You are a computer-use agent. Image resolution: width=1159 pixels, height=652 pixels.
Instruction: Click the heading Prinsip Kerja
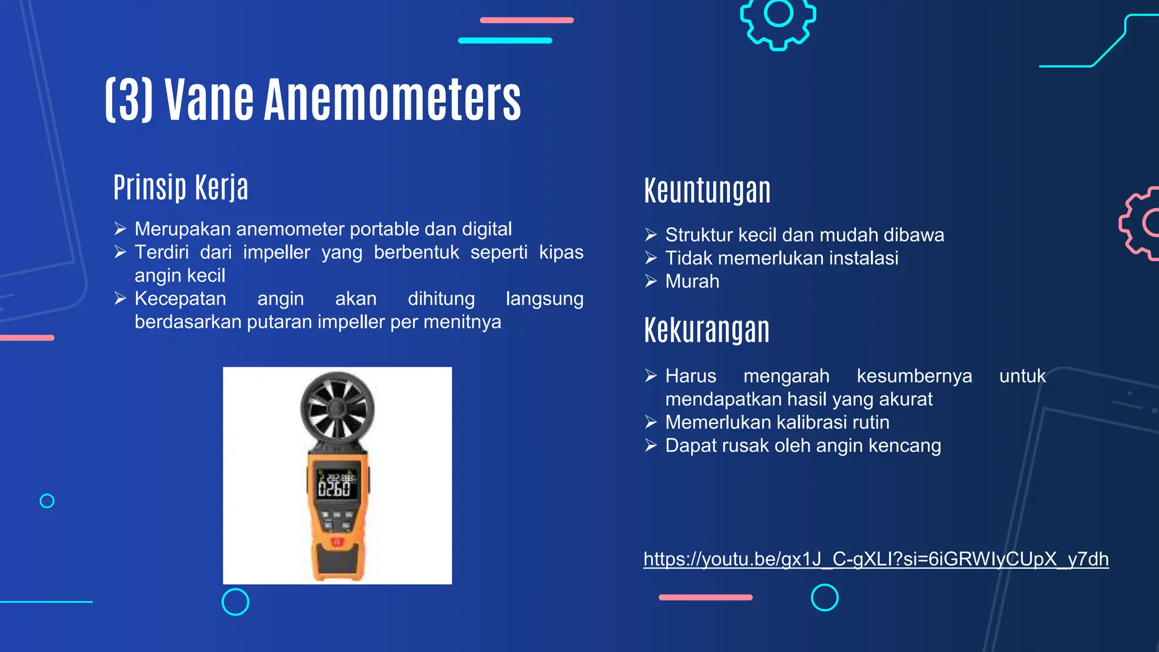181,187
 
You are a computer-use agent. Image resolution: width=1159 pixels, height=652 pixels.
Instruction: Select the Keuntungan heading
707,191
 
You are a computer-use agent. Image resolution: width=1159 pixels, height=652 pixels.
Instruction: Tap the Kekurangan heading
706,331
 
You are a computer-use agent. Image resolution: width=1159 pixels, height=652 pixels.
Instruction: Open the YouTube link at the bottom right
875,559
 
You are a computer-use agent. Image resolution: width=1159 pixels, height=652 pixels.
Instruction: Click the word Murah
692,281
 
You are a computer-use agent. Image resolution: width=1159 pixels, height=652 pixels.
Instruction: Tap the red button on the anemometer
337,542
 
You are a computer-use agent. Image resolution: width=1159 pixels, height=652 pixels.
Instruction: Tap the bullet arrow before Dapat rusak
651,446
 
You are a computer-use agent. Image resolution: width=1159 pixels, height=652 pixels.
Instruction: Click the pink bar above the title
526,20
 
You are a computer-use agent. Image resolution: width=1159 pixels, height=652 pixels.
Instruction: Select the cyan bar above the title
505,41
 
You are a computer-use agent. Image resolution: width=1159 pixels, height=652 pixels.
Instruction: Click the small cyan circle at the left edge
47,501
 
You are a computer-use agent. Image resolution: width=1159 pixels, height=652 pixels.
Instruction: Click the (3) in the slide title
129,100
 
